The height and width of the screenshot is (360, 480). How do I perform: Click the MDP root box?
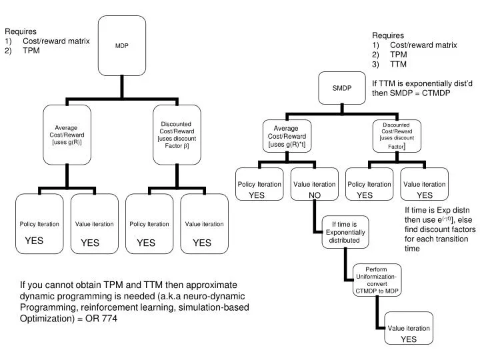pos(121,46)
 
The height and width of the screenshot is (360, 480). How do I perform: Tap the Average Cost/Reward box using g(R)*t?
pos(286,136)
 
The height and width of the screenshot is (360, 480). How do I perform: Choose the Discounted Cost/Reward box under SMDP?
pos(397,136)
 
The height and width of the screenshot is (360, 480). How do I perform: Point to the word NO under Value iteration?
pos(315,195)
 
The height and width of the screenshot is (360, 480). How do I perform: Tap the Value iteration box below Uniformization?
pos(409,333)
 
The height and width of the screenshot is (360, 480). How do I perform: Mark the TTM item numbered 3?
pos(398,65)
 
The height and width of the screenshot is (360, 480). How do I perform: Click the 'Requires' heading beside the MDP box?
pos(21,31)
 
